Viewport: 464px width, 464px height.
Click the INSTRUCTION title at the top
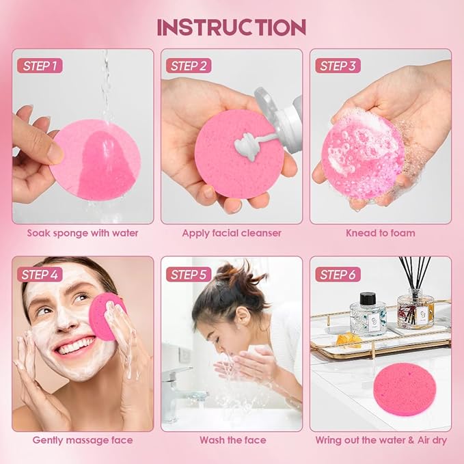tap(232, 27)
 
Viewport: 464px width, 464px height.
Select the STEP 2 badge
tap(188, 66)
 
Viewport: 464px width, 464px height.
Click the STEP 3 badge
tap(337, 66)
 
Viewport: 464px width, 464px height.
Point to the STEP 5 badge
tap(188, 275)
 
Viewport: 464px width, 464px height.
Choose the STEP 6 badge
tap(337, 275)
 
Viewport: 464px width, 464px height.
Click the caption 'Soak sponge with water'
tap(83, 233)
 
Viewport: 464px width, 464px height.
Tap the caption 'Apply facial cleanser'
tap(232, 233)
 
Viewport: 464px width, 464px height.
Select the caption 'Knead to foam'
tap(381, 233)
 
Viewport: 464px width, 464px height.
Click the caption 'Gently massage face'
tap(83, 440)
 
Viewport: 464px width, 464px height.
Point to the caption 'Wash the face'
tap(232, 440)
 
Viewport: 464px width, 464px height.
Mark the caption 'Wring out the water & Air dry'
tap(381, 440)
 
